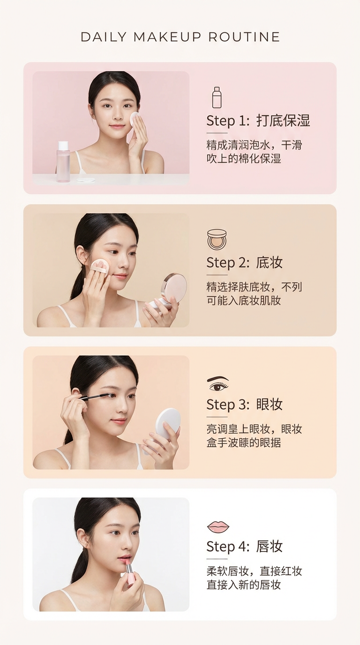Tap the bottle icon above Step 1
pyautogui.click(x=217, y=97)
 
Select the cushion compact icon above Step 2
pyautogui.click(x=217, y=239)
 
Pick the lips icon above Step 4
pyautogui.click(x=218, y=527)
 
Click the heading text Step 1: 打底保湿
pyautogui.click(x=258, y=120)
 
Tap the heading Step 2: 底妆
pyautogui.click(x=244, y=262)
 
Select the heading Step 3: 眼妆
pyautogui.click(x=244, y=405)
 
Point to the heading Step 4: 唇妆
pyautogui.click(x=244, y=547)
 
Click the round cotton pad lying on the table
pyautogui.click(x=86, y=180)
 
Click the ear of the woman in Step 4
pyautogui.click(x=82, y=538)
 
